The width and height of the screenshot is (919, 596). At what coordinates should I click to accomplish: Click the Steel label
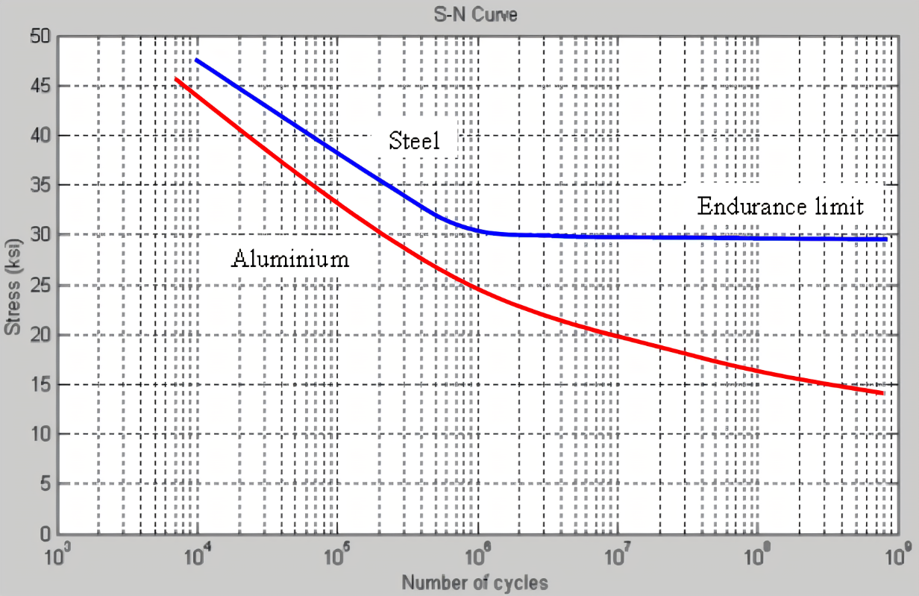pos(415,142)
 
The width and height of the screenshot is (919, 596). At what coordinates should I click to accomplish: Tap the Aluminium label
pos(290,259)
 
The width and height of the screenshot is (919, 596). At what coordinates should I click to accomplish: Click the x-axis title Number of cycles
pos(476,583)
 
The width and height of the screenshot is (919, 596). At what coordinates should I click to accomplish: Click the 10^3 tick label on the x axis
pos(58,556)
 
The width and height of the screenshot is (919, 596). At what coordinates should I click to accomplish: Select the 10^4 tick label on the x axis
pos(198,556)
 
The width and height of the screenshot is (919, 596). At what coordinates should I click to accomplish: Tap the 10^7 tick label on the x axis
pos(618,556)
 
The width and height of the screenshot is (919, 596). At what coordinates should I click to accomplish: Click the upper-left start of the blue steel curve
pos(196,59)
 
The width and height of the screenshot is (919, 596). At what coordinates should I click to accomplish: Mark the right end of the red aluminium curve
pos(882,392)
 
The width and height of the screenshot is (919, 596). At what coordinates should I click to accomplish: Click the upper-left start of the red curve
pos(176,78)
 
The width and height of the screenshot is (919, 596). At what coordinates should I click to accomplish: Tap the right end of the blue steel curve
pos(885,239)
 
